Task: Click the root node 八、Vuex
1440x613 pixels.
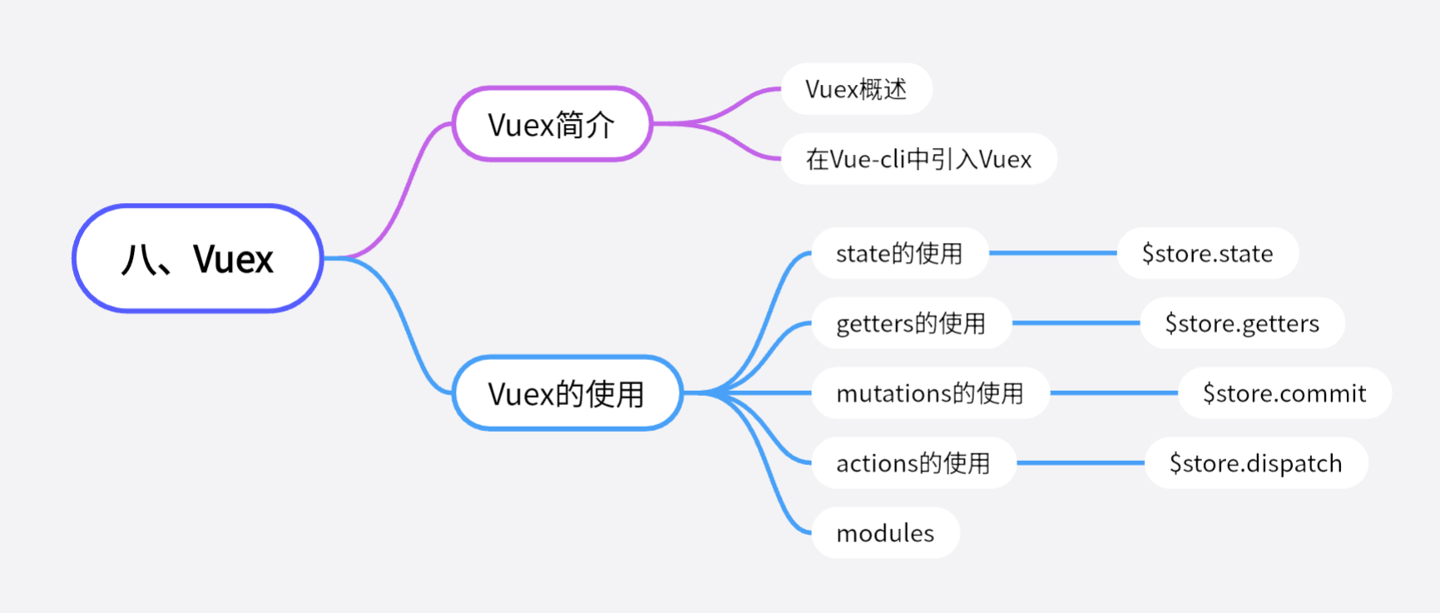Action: pyautogui.click(x=198, y=259)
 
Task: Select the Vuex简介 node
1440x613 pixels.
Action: pyautogui.click(x=552, y=124)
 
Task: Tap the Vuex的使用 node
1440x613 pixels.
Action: pyautogui.click(x=567, y=393)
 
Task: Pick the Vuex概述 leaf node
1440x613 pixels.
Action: pyautogui.click(x=856, y=89)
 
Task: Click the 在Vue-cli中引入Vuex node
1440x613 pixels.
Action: pyautogui.click(x=918, y=159)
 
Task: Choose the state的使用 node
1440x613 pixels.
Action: pyautogui.click(x=899, y=253)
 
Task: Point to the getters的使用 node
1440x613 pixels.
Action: pyautogui.click(x=911, y=323)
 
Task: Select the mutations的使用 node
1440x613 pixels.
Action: pyautogui.click(x=930, y=393)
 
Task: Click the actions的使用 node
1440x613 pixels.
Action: pyautogui.click(x=913, y=462)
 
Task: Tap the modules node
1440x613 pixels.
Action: pyautogui.click(x=885, y=532)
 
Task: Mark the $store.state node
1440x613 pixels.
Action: pyautogui.click(x=1207, y=253)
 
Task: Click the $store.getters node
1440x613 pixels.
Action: pyautogui.click(x=1242, y=323)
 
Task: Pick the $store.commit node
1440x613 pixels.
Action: pyautogui.click(x=1284, y=393)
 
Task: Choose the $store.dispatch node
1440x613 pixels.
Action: pyautogui.click(x=1255, y=462)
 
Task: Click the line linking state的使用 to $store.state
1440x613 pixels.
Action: pyautogui.click(x=1052, y=253)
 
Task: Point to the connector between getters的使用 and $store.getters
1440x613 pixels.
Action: pyautogui.click(x=1076, y=323)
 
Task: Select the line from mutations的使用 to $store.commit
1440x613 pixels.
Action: pyautogui.click(x=1114, y=393)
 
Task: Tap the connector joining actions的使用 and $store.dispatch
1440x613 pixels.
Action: pyautogui.click(x=1081, y=462)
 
